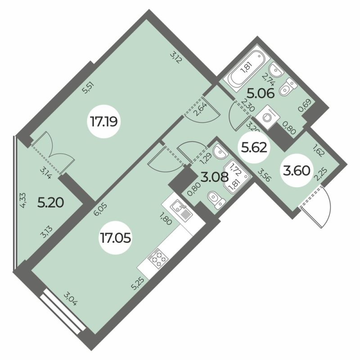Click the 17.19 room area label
pos(104,121)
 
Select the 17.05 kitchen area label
pos(115,238)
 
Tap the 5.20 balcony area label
pos(50,203)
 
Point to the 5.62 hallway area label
pos(254,148)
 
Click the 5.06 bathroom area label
pos(261,94)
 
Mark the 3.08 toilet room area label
pos(215,177)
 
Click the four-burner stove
pos(158,258)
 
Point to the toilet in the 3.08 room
pos(216,200)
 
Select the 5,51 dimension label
pos(89,88)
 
